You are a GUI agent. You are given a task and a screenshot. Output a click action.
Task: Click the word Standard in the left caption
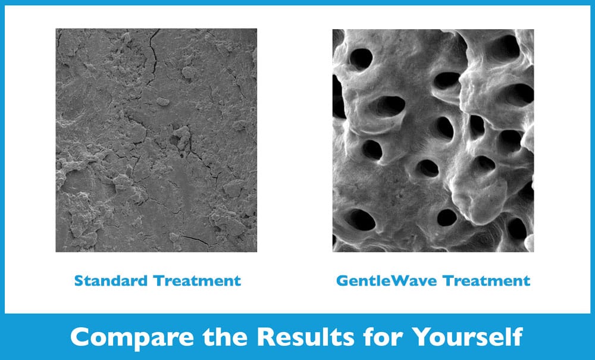pyautogui.click(x=111, y=281)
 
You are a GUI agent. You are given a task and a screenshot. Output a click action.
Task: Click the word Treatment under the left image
pyautogui.click(x=198, y=281)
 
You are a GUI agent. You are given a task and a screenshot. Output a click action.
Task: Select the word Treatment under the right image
pyautogui.click(x=487, y=281)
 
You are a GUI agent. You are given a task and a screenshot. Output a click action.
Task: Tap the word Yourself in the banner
pyautogui.click(x=468, y=337)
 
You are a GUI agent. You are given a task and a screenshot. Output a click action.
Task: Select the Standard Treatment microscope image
pyautogui.click(x=156, y=140)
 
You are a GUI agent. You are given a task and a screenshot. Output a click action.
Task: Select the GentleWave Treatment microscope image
pyautogui.click(x=433, y=140)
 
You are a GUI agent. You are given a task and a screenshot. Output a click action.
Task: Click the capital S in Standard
pyautogui.click(x=79, y=281)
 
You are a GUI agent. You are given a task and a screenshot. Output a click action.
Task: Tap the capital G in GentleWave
pyautogui.click(x=342, y=281)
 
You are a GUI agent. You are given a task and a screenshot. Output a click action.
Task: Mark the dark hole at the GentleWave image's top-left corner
pyautogui.click(x=361, y=59)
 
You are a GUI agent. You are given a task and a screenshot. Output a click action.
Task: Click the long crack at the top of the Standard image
pyautogui.click(x=154, y=57)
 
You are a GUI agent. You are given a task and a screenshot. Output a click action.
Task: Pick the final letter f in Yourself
pyautogui.click(x=518, y=336)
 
